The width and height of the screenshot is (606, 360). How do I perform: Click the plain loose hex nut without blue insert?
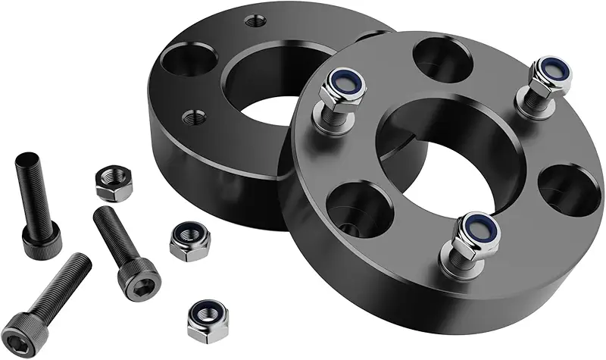click(114, 183)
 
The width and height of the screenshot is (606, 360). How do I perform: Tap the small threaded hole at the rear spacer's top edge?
click(257, 21)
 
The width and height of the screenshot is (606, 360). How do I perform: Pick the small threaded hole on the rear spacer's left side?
click(195, 117)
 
